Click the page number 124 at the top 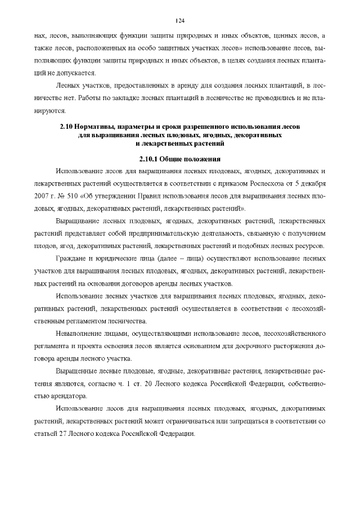click(x=180, y=21)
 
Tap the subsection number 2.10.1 click(x=152, y=158)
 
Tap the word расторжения click(x=290, y=345)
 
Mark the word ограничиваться click(x=194, y=421)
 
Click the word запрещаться click(x=244, y=421)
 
